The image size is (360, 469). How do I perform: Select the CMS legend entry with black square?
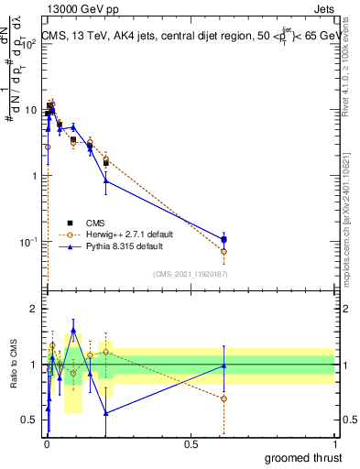(x=96, y=222)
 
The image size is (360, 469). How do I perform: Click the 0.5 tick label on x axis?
(x=191, y=443)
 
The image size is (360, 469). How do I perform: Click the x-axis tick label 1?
(x=335, y=443)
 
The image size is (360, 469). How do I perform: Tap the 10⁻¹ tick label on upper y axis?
(x=31, y=242)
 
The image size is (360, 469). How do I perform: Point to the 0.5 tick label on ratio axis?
(x=32, y=420)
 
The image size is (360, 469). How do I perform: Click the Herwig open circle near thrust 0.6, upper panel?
(x=224, y=251)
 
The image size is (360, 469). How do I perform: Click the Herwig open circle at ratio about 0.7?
(x=224, y=398)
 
